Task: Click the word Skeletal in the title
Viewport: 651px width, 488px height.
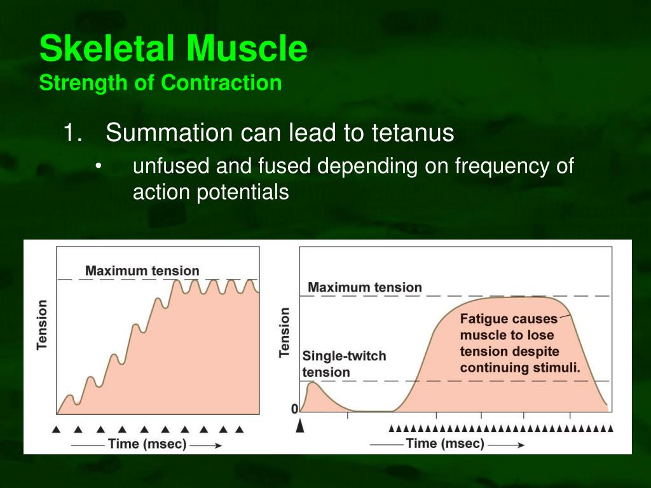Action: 107,48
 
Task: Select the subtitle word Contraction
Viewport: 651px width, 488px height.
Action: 221,83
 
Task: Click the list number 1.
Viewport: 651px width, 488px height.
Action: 72,133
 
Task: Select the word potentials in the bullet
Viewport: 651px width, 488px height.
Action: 242,193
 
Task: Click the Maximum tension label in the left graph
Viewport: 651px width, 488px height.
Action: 142,271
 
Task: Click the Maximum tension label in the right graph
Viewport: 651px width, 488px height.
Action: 364,287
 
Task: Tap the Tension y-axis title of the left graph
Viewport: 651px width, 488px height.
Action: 42,325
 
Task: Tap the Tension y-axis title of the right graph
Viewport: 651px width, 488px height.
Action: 284,333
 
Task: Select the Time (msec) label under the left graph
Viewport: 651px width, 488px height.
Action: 147,444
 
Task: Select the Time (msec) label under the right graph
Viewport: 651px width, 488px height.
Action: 445,444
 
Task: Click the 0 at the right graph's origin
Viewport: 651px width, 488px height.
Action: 294,409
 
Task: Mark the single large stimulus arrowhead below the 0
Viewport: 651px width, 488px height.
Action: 300,426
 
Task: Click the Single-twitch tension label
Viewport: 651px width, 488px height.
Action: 344,364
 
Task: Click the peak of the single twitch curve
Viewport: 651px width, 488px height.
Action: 313,383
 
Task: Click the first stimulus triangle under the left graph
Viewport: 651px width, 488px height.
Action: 56,429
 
